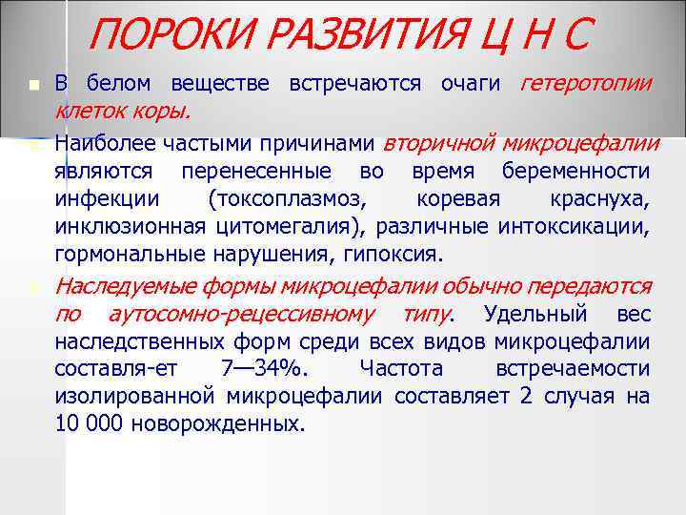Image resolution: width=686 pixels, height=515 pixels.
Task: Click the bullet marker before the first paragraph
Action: [35, 87]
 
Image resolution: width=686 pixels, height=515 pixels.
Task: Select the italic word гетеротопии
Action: [586, 85]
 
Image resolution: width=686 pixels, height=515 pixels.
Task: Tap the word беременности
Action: [582, 172]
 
